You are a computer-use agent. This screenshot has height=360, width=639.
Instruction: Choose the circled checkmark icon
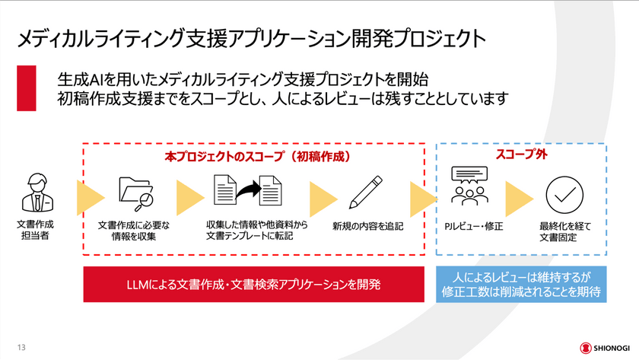pos(564,194)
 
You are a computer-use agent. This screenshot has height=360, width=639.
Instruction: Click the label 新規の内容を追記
pos(367,226)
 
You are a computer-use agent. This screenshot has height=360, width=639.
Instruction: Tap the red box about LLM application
pos(253,285)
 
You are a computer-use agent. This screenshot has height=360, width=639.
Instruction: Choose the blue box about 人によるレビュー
pos(521,284)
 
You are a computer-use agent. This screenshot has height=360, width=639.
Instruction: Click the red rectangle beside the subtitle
pos(27,88)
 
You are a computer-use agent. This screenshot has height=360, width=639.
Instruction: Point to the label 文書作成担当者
pos(35,231)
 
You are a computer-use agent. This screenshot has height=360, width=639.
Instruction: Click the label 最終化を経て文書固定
pos(564,231)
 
